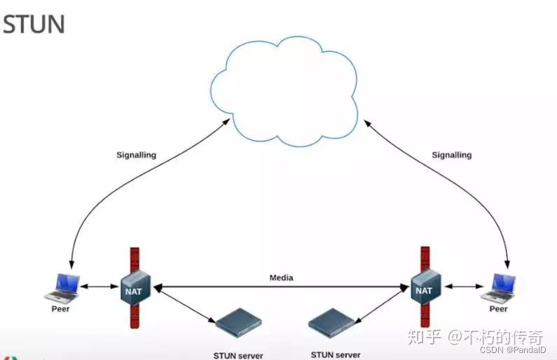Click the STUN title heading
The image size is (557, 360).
pos(33,25)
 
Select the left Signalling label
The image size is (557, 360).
pos(136,155)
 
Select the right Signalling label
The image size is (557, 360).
pos(451,155)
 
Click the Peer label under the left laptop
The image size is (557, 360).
pos(61,308)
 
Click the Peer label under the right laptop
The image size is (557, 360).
pos(498,308)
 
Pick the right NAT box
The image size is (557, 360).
pos(424,289)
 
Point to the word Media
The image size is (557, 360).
pos(281,278)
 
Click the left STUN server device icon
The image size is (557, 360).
pos(238,323)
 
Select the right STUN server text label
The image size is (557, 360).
pos(335,355)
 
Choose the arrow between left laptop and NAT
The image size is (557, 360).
pos(99,286)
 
